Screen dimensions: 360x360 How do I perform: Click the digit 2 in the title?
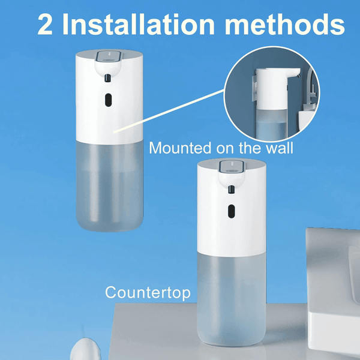coord(47,25)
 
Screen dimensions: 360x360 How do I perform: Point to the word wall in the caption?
coord(279,148)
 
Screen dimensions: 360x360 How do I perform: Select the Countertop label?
coord(148,292)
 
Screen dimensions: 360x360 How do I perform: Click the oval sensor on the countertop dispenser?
coord(230,211)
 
